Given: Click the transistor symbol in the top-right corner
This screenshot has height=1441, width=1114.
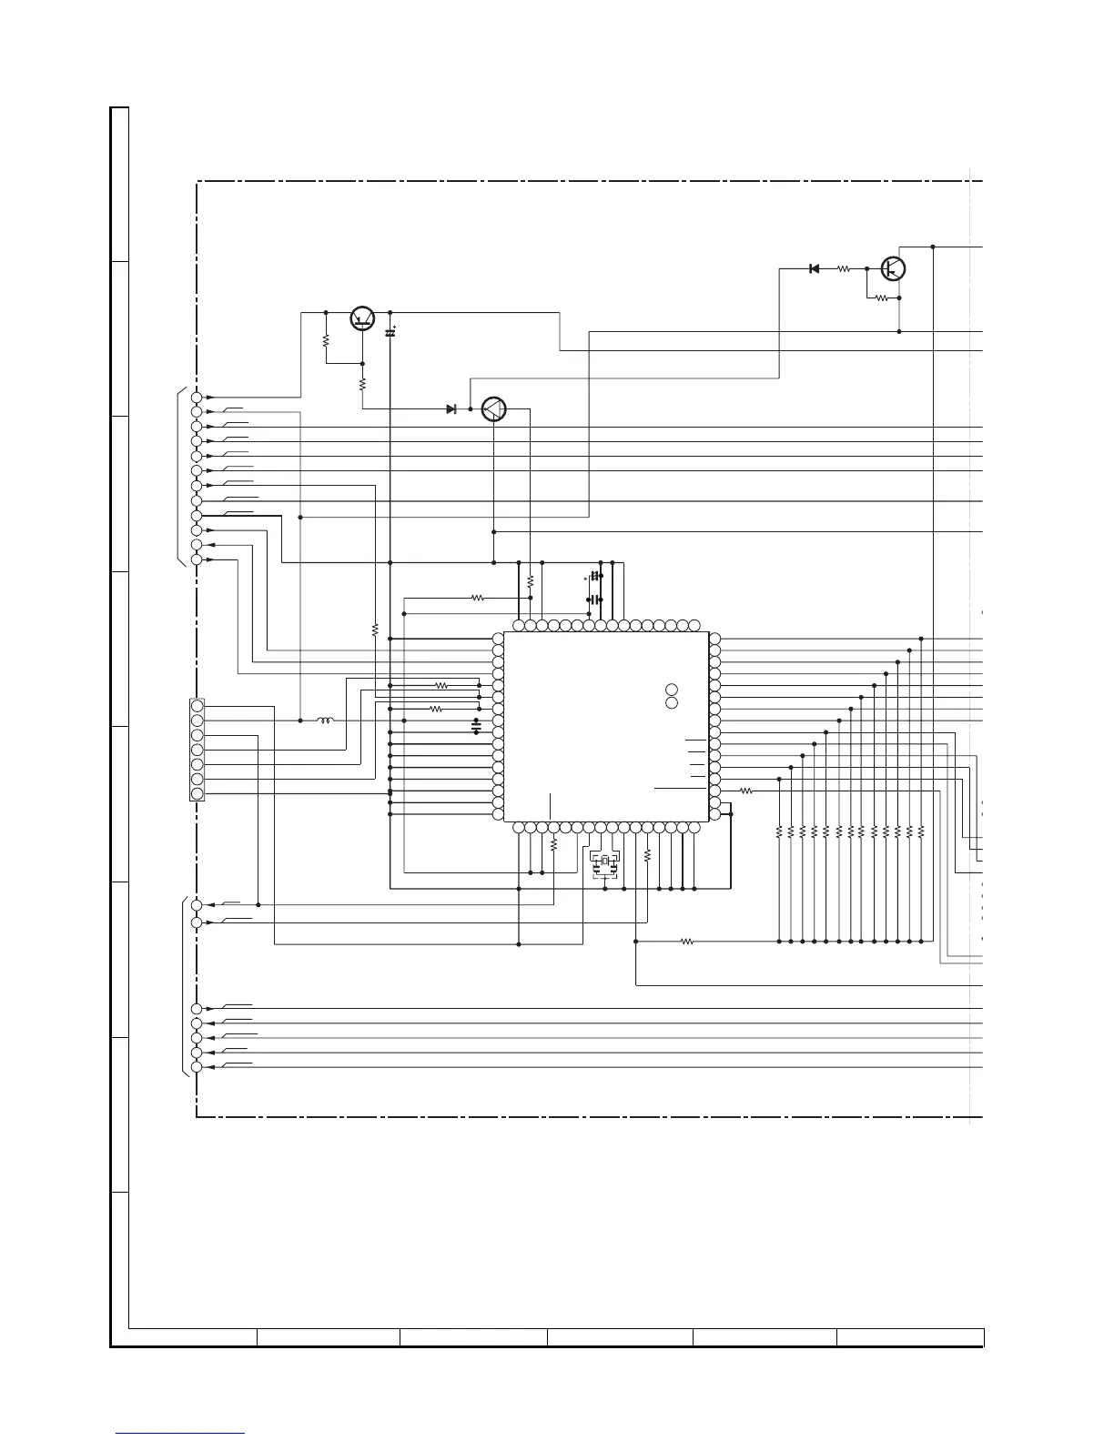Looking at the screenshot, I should click(x=894, y=269).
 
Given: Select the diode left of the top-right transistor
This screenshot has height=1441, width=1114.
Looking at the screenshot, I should click(x=814, y=268).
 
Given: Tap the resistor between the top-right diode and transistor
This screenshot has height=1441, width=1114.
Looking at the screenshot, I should click(x=844, y=269).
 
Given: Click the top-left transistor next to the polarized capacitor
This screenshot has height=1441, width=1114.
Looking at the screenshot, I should click(x=363, y=317).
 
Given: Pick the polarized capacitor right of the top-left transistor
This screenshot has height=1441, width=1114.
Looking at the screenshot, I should click(x=390, y=333).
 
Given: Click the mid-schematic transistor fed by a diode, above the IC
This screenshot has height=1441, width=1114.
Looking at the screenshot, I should click(x=493, y=409).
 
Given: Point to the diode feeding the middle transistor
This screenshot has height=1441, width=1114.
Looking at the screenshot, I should click(x=451, y=409).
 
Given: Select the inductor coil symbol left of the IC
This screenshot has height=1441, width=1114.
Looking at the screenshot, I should click(x=325, y=720).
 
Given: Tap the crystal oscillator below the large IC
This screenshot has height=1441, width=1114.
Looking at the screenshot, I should click(x=605, y=861).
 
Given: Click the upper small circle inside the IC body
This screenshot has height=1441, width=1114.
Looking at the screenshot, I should click(x=672, y=690).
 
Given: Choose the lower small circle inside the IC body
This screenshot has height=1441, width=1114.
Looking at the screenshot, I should click(x=672, y=703).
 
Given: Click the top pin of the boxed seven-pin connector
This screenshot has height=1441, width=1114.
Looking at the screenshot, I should click(x=197, y=706).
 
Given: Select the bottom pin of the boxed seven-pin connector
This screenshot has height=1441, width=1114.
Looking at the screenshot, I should click(x=197, y=793).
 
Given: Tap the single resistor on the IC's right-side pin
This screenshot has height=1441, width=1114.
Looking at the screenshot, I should click(x=746, y=791).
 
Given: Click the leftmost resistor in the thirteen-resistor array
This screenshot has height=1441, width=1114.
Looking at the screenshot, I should click(x=779, y=831).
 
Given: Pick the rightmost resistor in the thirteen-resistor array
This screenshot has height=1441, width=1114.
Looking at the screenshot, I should click(x=921, y=831).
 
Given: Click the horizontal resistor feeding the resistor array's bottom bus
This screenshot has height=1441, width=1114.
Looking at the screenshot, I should click(x=687, y=942).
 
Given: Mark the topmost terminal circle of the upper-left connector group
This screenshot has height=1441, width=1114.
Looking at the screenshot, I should click(x=197, y=398).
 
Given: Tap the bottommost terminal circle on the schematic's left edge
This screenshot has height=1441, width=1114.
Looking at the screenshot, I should click(x=197, y=1067).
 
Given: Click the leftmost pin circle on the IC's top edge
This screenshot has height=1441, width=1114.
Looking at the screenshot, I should click(x=519, y=626).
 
